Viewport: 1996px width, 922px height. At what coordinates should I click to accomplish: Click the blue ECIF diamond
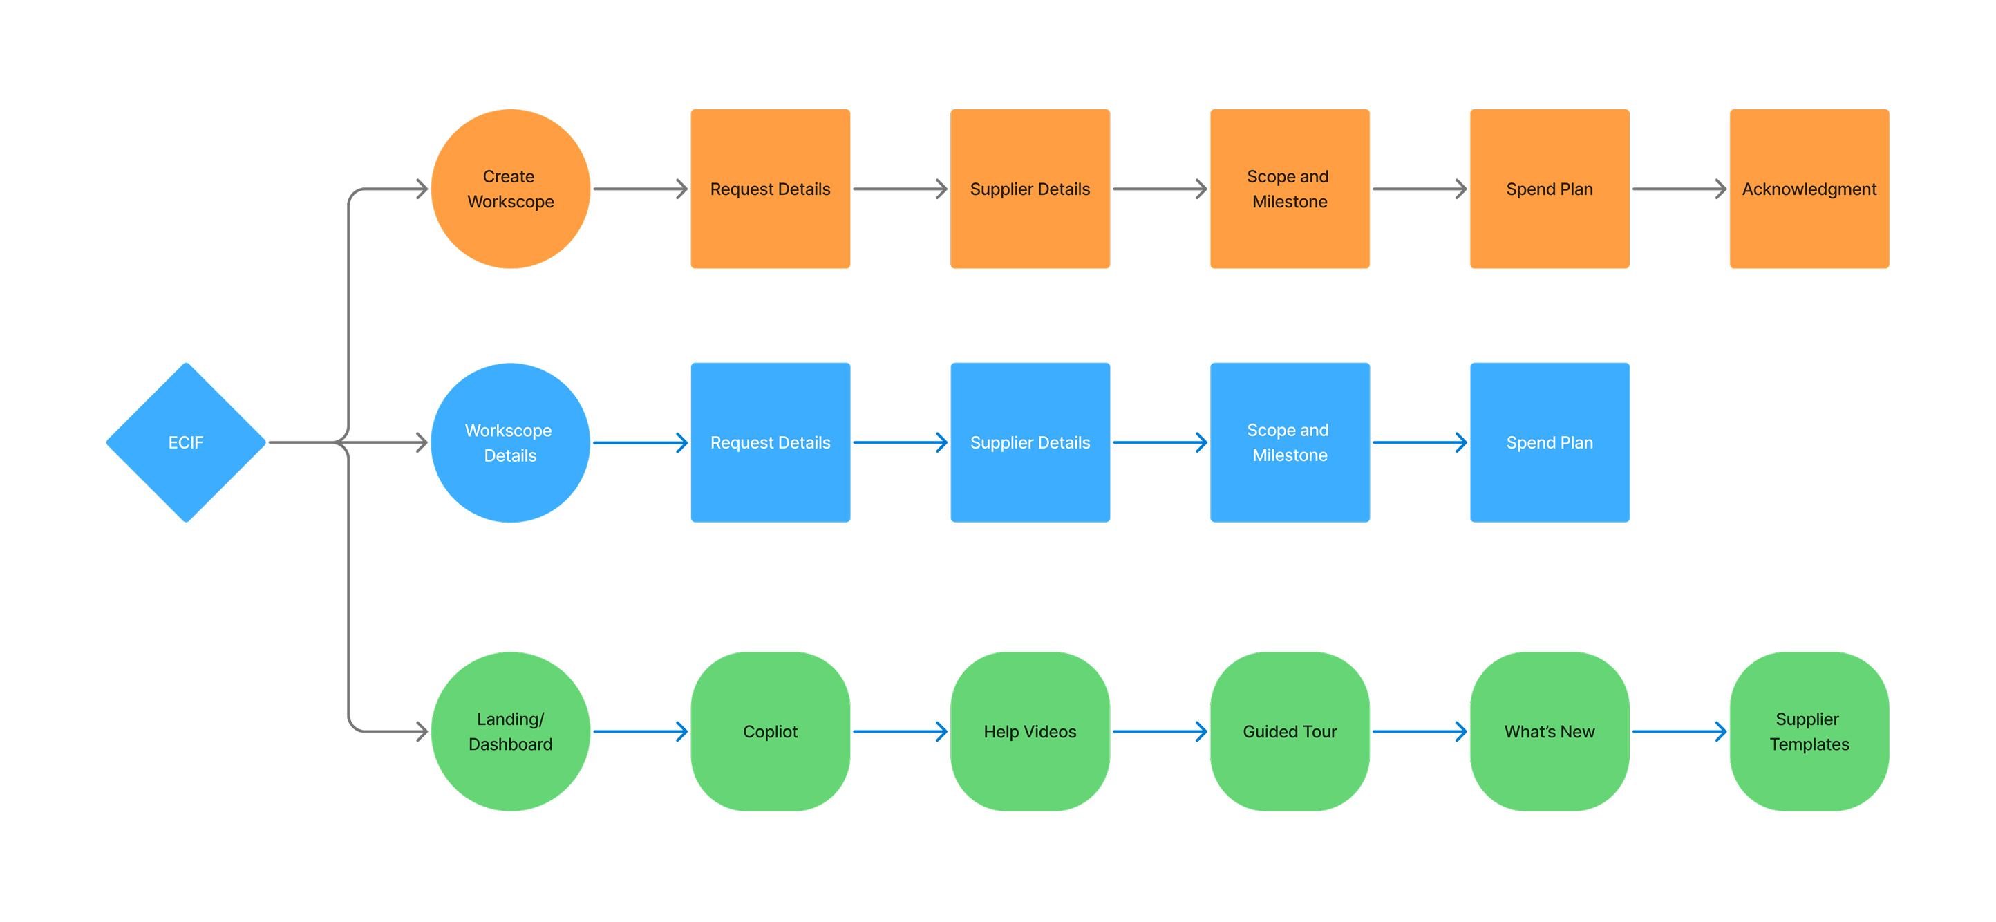(x=186, y=442)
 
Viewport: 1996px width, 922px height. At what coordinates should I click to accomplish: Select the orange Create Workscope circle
(x=511, y=189)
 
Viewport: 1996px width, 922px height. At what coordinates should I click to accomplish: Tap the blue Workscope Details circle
(x=511, y=442)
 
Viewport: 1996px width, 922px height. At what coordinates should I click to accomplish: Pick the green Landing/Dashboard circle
(x=511, y=731)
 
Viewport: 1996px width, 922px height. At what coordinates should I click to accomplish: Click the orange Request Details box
(x=770, y=189)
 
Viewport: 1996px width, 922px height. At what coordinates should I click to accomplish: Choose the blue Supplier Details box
(x=1030, y=442)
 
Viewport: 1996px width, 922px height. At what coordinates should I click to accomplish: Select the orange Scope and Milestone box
(x=1290, y=189)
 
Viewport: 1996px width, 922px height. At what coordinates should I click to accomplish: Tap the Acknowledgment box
(x=1809, y=189)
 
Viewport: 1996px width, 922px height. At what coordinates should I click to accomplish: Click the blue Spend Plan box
(x=1550, y=442)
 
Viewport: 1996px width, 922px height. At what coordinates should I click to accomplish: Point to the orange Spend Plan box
(x=1550, y=189)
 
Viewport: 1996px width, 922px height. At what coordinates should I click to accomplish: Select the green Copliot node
(x=770, y=731)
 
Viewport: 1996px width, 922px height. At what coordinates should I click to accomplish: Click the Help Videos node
(x=1030, y=731)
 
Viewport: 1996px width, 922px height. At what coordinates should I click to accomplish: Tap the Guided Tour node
(x=1290, y=731)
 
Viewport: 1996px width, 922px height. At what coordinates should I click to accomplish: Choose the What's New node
(x=1550, y=731)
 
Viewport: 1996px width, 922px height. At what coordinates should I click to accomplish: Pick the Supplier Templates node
(x=1809, y=731)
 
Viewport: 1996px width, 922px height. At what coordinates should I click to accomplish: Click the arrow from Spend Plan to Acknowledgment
(x=1679, y=189)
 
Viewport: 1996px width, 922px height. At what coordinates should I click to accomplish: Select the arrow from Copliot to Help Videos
(x=900, y=731)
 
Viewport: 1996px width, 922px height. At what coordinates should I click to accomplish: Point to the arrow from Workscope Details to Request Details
(x=640, y=442)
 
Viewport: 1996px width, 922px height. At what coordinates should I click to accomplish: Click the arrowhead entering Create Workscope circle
(x=422, y=189)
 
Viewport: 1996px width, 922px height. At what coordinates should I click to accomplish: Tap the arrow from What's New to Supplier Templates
(x=1679, y=731)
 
